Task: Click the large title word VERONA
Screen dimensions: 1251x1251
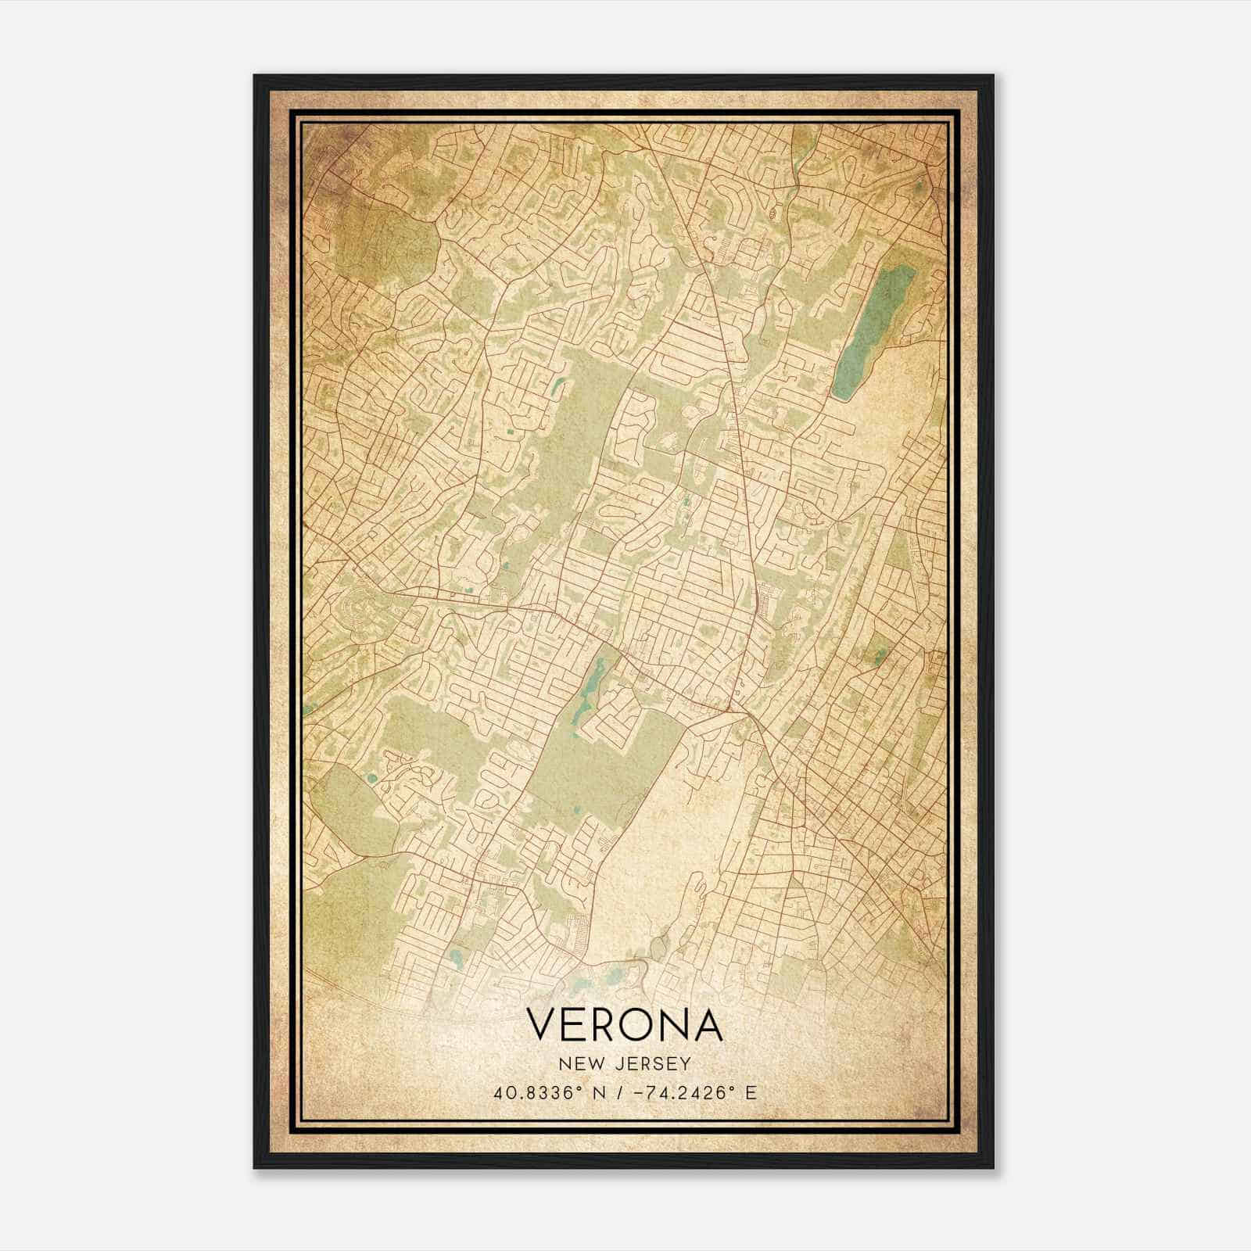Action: [x=624, y=1025]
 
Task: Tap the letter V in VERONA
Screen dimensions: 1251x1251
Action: [x=543, y=1025]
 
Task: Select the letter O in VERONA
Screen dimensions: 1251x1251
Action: [x=638, y=1025]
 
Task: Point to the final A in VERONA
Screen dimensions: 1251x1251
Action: [x=706, y=1025]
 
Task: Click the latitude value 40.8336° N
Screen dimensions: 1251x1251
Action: [x=547, y=1093]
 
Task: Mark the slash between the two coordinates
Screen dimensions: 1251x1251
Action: [x=619, y=1093]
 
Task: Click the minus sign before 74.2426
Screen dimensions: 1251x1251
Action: [x=636, y=1093]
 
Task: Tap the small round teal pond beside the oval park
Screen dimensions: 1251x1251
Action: [x=371, y=778]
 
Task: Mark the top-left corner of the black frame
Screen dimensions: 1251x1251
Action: [x=255, y=76]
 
